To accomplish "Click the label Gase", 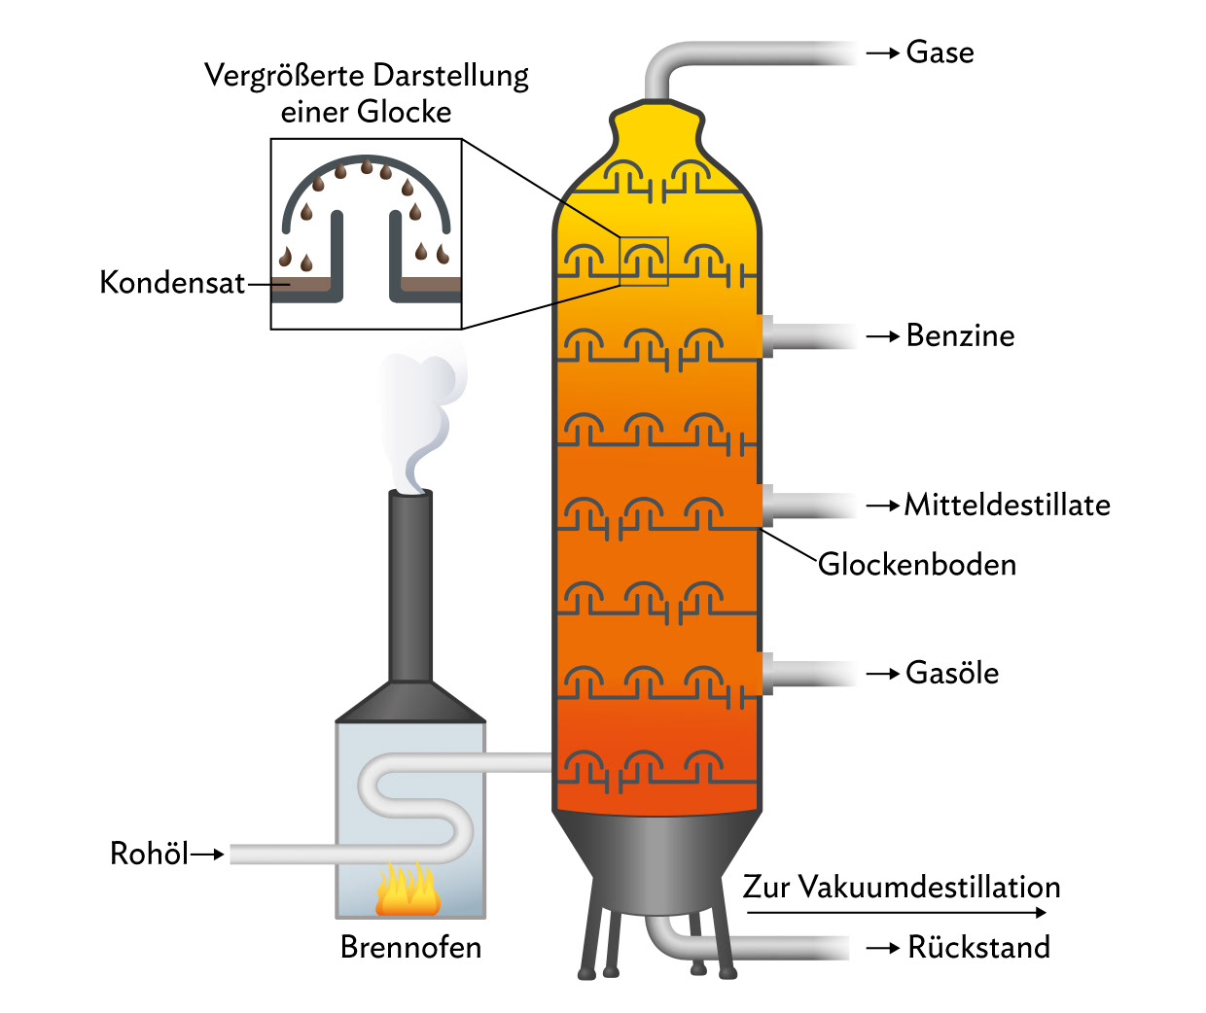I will pos(940,52).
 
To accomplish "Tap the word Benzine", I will pos(960,335).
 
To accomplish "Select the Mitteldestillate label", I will pos(1007,505).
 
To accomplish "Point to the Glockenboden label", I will pos(917,564).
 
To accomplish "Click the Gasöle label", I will pos(951,673).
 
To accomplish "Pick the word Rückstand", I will pos(978,947).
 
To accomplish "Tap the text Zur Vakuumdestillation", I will pos(902,887).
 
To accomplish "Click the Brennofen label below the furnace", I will pos(410,947).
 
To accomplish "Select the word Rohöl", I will pos(149,854).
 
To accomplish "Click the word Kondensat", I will pos(172,283).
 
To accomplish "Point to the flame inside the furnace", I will pos(408,890).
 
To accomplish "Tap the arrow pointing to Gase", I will pos(882,53).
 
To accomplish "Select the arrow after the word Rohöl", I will pos(208,855).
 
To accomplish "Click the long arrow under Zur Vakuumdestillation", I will pos(895,912).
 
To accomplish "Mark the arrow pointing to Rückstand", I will pos(882,948).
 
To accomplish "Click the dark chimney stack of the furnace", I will pos(410,583).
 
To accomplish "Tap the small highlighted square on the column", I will pos(644,262).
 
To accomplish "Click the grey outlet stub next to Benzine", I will pos(766,335).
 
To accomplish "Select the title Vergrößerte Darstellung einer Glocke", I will pos(367,93).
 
